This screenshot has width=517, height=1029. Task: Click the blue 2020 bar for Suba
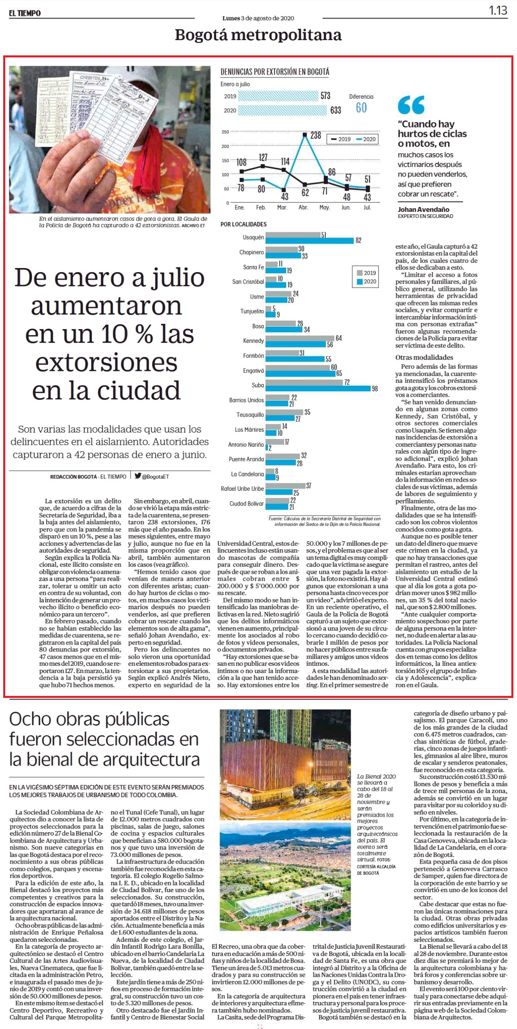(x=318, y=388)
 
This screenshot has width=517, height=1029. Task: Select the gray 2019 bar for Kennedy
(x=300, y=338)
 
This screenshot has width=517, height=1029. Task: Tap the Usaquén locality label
(x=253, y=237)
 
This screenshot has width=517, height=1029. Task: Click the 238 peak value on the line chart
(x=316, y=135)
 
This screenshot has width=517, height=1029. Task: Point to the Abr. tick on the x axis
(x=303, y=207)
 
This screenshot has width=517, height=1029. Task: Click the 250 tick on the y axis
(x=225, y=132)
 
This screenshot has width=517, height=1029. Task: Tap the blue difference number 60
(x=361, y=108)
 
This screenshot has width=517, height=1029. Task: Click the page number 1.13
(x=498, y=10)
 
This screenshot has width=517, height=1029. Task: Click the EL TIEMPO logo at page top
(x=25, y=13)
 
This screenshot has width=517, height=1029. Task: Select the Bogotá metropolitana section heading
(x=258, y=35)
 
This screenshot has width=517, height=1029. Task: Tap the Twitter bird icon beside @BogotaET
(x=138, y=476)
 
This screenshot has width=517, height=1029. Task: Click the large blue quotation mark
(x=411, y=105)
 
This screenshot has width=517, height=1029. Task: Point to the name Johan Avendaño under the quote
(x=423, y=209)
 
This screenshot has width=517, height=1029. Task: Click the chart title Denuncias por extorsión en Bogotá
(x=275, y=72)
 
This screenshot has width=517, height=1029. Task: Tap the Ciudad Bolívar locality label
(x=247, y=503)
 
